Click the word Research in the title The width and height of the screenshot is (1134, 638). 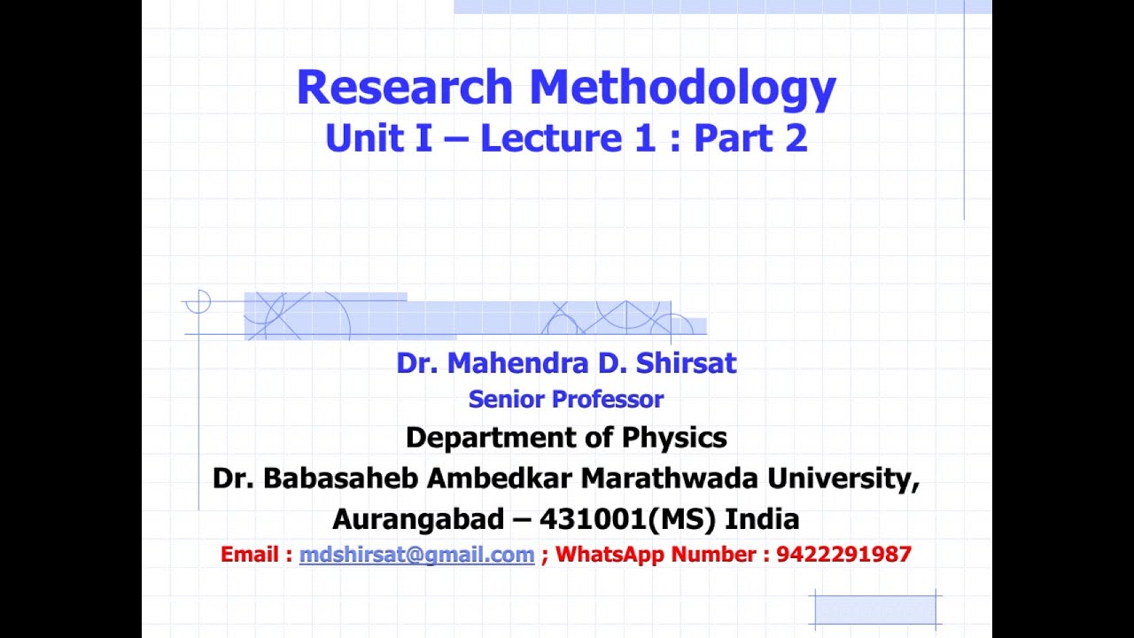point(405,88)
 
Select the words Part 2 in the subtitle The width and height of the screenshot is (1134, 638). point(750,138)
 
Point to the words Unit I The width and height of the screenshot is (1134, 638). point(378,138)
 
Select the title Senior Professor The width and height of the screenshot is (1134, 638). point(566,400)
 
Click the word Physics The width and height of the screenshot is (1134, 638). point(674,438)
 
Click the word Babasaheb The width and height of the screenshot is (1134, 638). point(341,478)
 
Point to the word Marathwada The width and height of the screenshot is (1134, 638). point(670,478)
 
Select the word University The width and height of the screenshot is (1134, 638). point(843,478)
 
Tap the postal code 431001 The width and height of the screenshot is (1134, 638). point(592,518)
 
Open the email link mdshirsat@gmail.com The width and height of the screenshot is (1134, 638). point(416,555)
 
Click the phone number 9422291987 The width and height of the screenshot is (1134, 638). point(843,555)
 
